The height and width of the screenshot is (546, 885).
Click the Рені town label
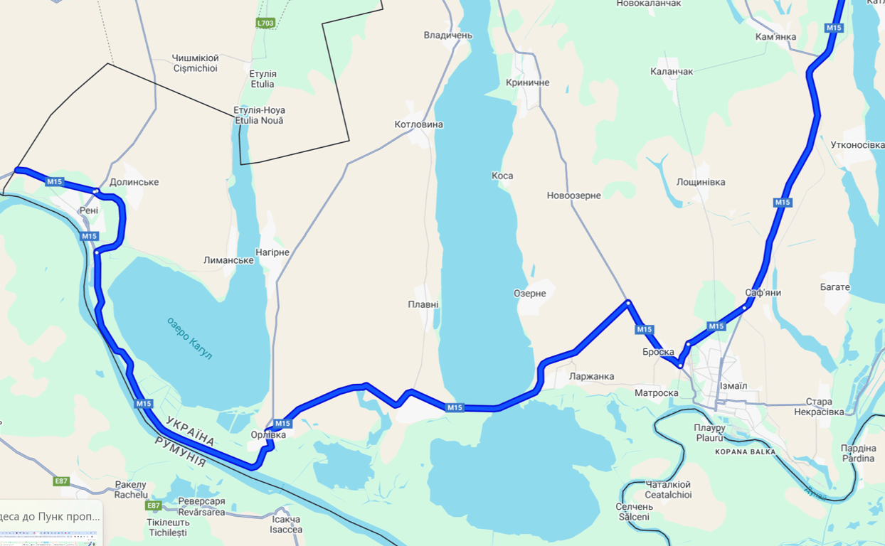click(x=89, y=210)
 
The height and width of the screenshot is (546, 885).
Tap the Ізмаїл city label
click(x=733, y=386)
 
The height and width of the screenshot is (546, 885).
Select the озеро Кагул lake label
click(x=190, y=338)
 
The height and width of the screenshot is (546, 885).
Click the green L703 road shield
click(x=265, y=23)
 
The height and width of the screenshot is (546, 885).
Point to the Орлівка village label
click(x=269, y=435)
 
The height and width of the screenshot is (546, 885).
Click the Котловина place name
click(x=418, y=125)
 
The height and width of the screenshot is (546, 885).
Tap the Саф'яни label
click(x=763, y=293)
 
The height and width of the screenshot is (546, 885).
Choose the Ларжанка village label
click(x=592, y=377)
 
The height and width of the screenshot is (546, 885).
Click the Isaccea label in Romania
click(x=286, y=525)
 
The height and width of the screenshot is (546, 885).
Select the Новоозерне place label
click(x=573, y=196)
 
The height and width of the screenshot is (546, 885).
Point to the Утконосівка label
click(x=857, y=145)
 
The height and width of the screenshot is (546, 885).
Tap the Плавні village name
click(x=423, y=305)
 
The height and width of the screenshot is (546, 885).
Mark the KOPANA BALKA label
click(x=745, y=451)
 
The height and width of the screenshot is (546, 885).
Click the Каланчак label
click(x=672, y=72)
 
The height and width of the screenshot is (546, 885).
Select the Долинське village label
click(x=134, y=182)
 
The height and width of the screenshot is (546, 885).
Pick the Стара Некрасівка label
click(x=819, y=407)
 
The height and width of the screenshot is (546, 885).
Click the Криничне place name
click(x=528, y=83)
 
